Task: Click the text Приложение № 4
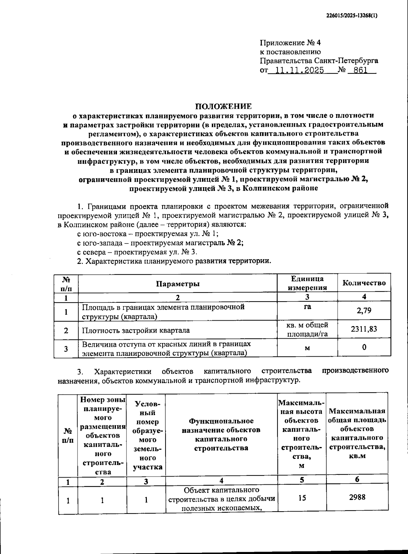tap(290, 43)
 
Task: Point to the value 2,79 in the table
tap(364, 310)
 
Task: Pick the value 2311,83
tap(364, 329)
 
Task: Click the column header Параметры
tap(178, 284)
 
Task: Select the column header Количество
tap(364, 283)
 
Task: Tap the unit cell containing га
tap(307, 307)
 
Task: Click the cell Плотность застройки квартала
tap(136, 330)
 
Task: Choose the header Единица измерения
tap(307, 283)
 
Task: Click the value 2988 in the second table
tap(357, 497)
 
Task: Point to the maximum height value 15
tap(302, 498)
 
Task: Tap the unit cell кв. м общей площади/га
tap(307, 329)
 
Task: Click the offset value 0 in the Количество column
tap(364, 347)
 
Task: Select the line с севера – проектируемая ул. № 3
tap(137, 252)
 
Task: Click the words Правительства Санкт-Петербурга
tap(319, 61)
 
